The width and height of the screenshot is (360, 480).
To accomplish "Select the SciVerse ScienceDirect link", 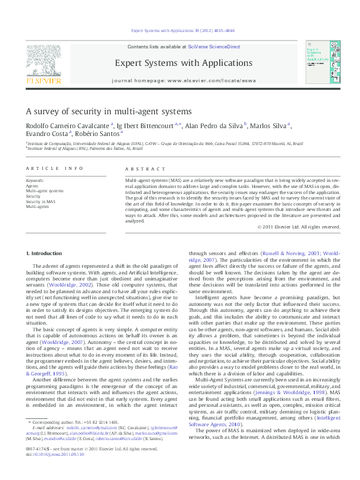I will [x=214, y=47].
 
